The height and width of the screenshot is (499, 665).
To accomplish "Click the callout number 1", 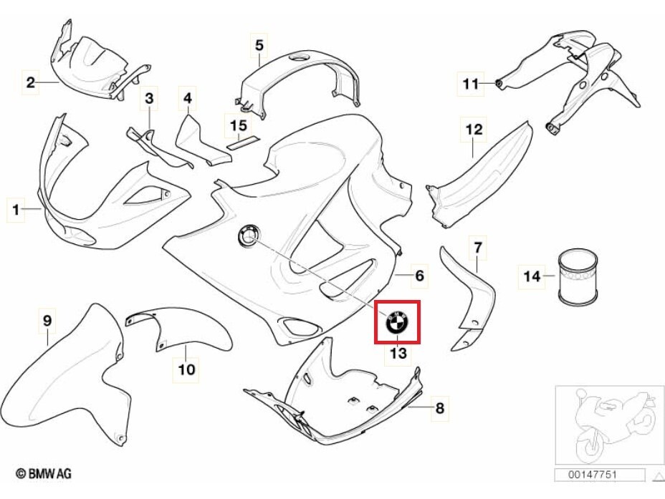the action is tap(16, 209).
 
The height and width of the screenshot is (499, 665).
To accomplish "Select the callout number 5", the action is tap(259, 45).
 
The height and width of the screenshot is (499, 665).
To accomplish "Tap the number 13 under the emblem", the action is tap(398, 353).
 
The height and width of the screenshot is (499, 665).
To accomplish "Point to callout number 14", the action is tap(532, 276).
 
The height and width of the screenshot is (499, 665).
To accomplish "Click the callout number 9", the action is tap(47, 321).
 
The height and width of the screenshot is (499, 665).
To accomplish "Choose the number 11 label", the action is tap(470, 84).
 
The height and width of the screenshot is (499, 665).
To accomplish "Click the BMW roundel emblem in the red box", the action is tap(396, 322).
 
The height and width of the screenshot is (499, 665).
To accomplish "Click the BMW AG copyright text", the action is tap(43, 473).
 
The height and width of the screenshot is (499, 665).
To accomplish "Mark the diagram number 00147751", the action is tap(592, 475).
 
